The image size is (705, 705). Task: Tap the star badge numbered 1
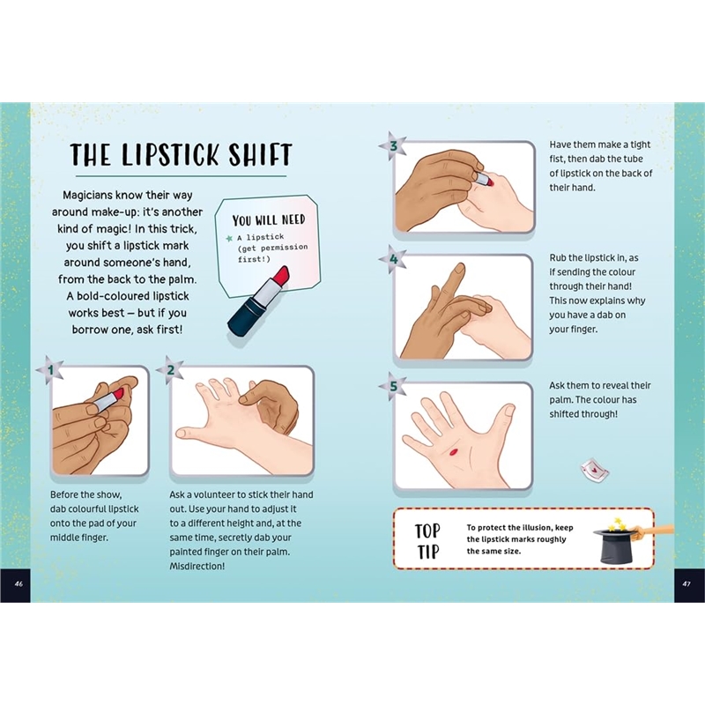(50, 370)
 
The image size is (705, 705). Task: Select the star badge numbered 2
(170, 370)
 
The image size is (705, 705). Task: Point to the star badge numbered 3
(393, 146)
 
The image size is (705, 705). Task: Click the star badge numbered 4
(393, 259)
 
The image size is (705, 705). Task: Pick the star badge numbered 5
(393, 386)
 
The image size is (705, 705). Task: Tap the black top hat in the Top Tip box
(614, 545)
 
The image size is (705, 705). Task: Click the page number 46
(19, 584)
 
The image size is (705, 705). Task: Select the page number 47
(686, 584)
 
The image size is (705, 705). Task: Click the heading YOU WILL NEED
(269, 220)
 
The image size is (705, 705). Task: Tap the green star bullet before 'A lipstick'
(230, 238)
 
